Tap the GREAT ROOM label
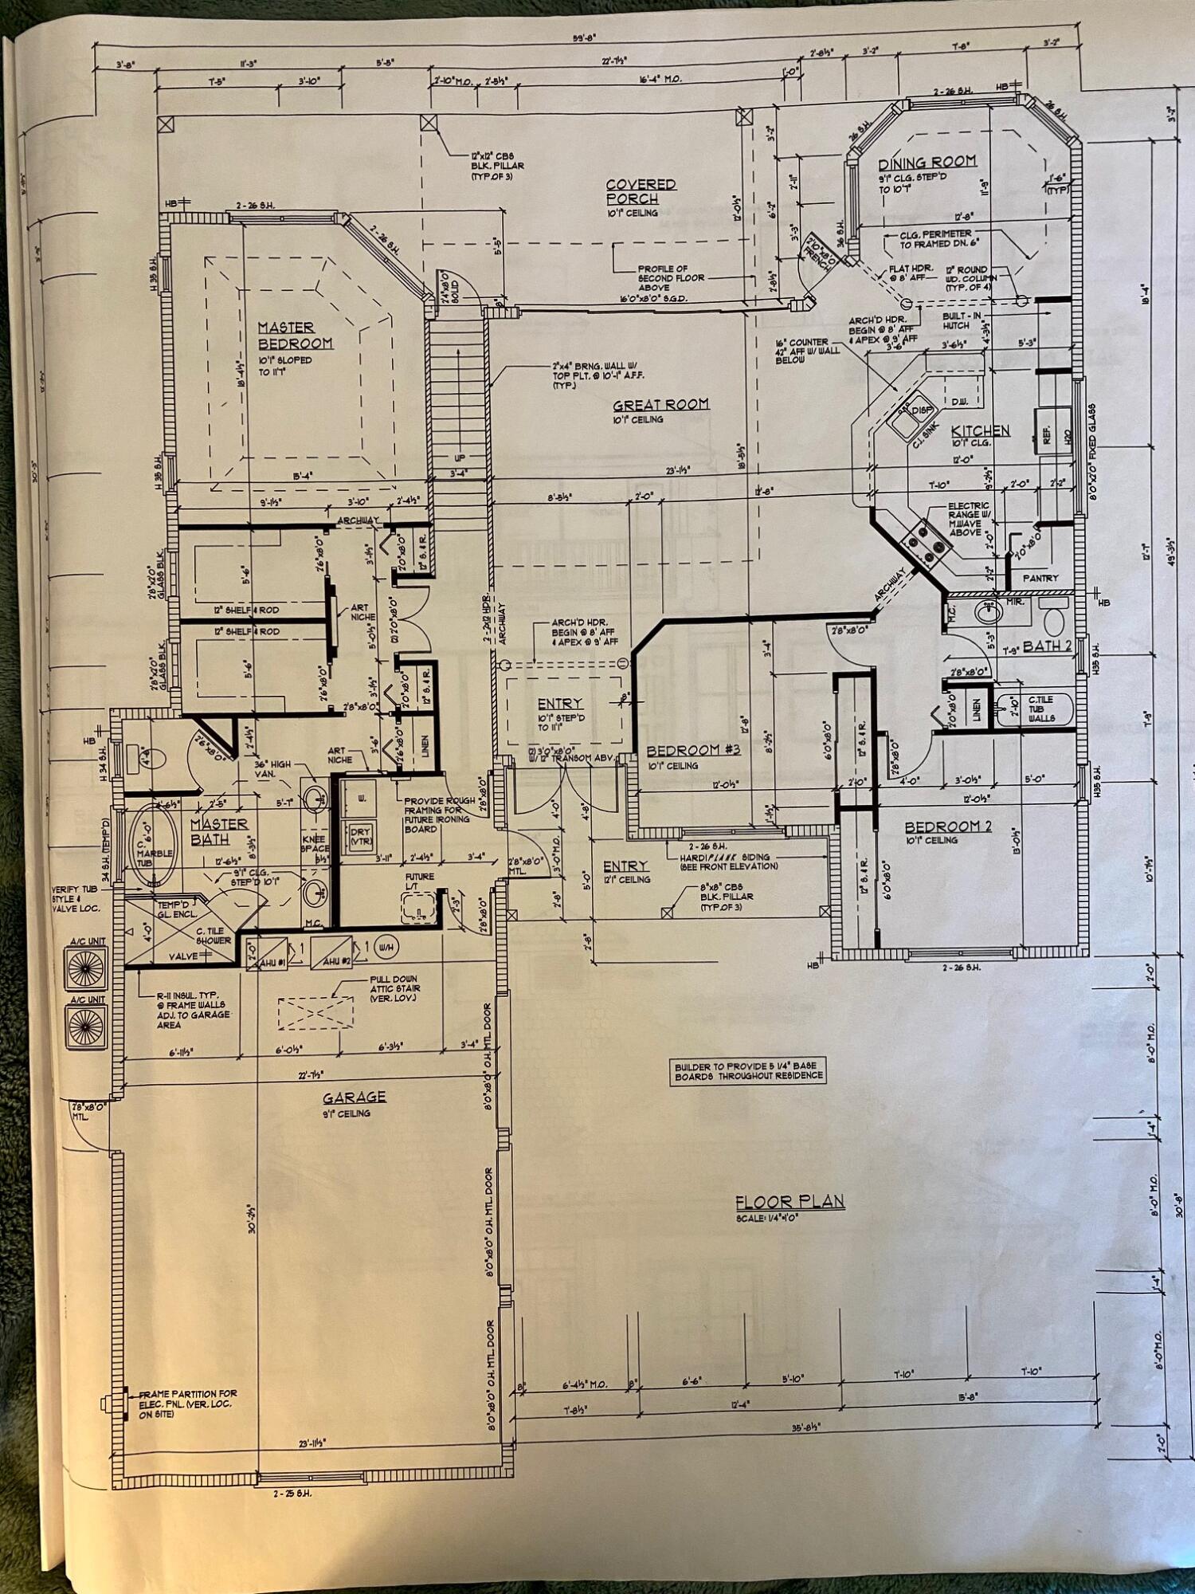pos(660,405)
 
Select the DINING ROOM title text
pos(927,162)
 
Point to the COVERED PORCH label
pos(641,191)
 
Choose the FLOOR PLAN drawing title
pos(789,1202)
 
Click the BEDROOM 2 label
pos(948,826)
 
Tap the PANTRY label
pos(1040,578)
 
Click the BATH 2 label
pos(1047,646)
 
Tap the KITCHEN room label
pos(980,430)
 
